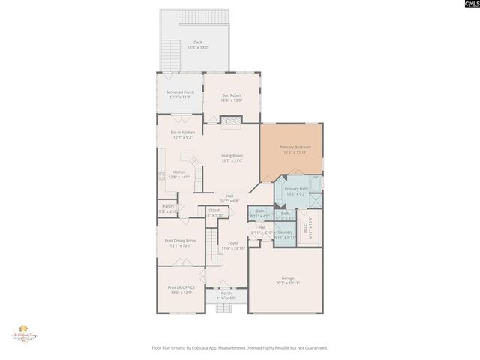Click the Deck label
point(198,43)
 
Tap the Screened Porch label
point(179,91)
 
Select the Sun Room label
point(232,94)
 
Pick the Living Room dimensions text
point(232,160)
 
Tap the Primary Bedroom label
point(295,147)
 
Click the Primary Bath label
point(296,188)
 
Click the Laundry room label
point(285,232)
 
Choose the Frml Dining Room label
point(179,240)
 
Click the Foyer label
point(233,244)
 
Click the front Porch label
point(226,293)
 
